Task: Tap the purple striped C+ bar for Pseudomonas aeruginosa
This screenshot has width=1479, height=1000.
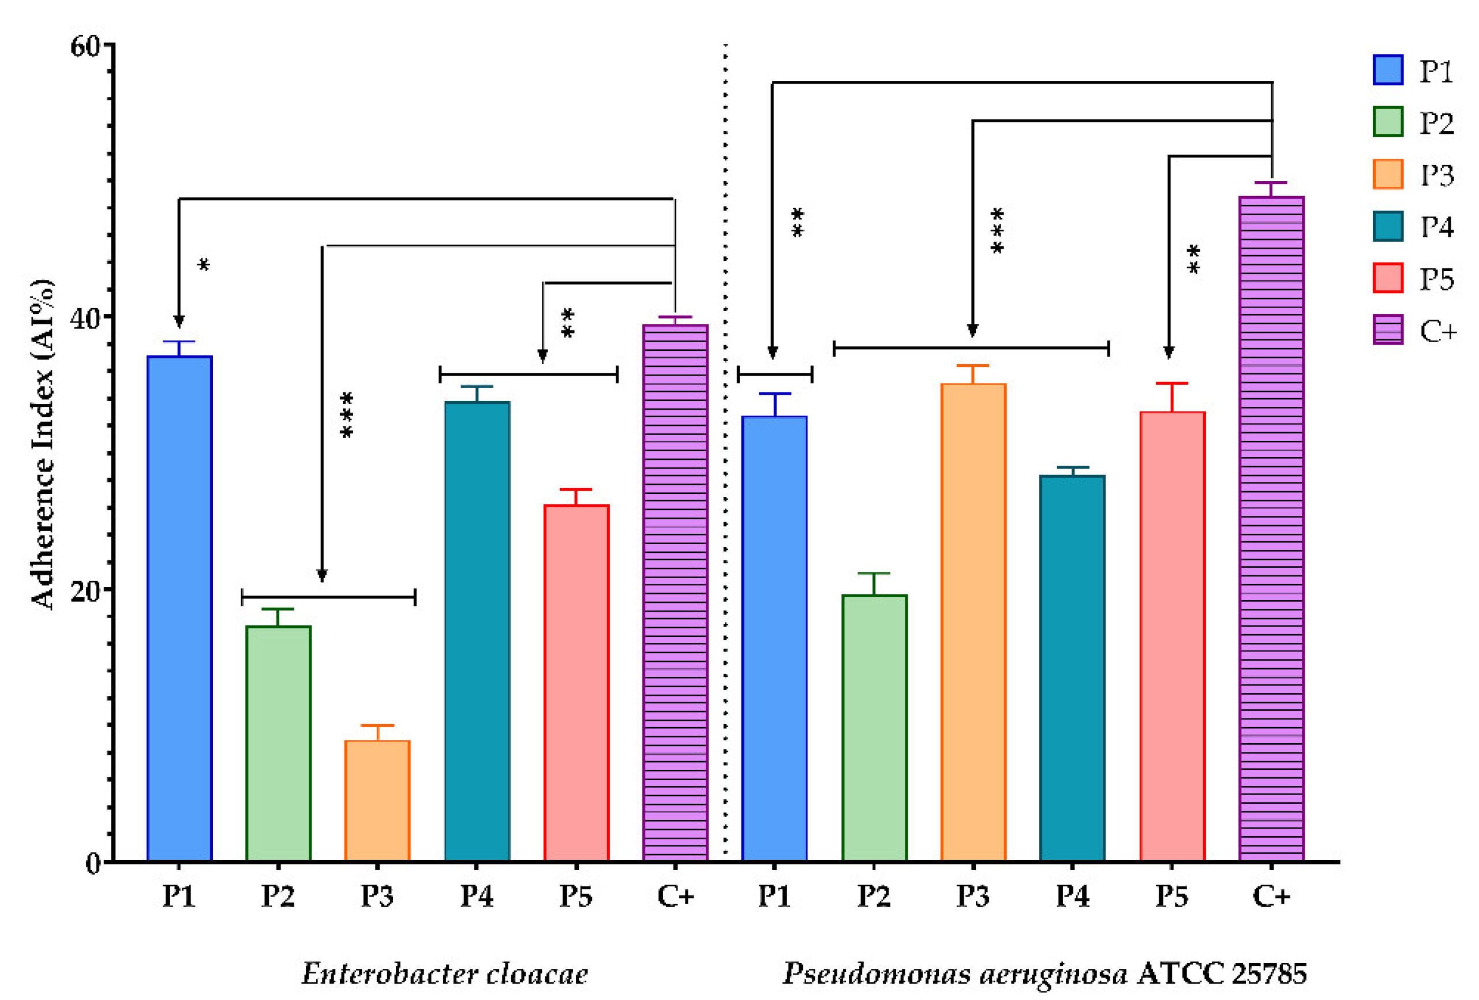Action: point(1271,529)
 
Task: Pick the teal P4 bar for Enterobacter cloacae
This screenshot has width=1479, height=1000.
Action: point(477,630)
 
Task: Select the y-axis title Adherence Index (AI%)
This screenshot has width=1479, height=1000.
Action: point(43,444)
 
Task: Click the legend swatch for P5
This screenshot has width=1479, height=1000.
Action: point(1387,278)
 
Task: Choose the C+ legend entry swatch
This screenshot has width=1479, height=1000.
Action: point(1387,329)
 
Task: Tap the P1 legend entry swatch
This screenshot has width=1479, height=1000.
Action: point(1387,70)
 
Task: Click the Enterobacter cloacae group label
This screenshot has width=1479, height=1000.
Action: point(444,973)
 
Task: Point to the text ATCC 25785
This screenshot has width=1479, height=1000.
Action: point(1221,973)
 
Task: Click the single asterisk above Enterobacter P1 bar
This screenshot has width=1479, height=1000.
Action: point(204,265)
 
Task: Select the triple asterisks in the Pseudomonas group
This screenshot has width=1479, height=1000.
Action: point(997,230)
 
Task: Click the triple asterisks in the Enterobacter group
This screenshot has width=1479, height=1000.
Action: point(347,414)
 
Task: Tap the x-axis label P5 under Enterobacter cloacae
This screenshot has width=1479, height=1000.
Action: point(575,896)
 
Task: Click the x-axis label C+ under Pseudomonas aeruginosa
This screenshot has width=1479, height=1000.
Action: point(1271,896)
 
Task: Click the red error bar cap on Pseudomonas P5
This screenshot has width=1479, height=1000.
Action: point(1171,383)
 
